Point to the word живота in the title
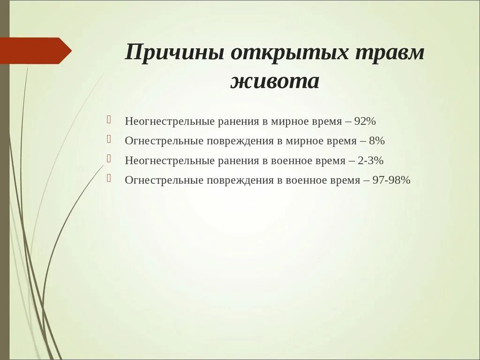[x=275, y=81]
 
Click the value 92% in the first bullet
[x=365, y=121]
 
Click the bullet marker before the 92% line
[x=109, y=120]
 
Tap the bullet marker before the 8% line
[x=109, y=139]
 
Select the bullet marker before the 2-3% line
[x=109, y=159]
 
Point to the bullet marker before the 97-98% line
[x=109, y=179]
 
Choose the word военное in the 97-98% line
[x=304, y=180]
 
